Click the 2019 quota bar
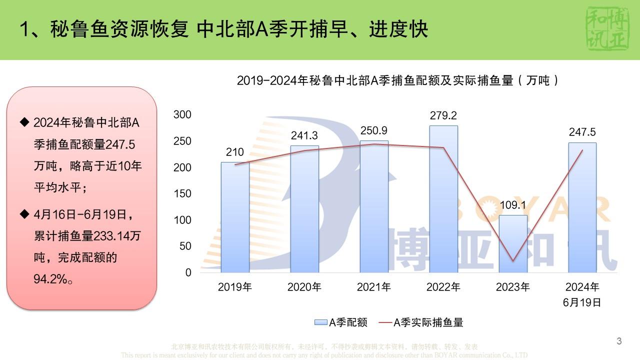(235, 217)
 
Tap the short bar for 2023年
(513, 243)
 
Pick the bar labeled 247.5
(582, 207)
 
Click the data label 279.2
(443, 115)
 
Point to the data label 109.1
(513, 205)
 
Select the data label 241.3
(304, 135)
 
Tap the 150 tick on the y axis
(182, 193)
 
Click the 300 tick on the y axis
(182, 114)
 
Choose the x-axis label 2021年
(374, 287)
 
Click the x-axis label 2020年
(304, 287)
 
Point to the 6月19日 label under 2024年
(582, 302)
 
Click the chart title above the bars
(398, 80)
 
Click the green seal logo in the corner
(606, 28)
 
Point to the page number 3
(619, 341)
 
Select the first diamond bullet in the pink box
(24, 121)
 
